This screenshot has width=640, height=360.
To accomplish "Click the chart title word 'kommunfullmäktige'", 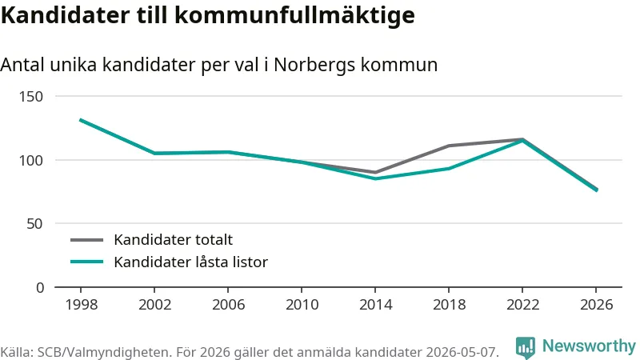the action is pos(294,15).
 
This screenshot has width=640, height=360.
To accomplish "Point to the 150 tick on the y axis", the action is pos(31,97).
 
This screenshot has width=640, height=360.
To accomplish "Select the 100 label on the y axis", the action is pos(31,161).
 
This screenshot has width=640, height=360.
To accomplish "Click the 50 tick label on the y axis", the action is pos(34,224).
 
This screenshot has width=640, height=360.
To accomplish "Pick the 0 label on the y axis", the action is pos(39,288).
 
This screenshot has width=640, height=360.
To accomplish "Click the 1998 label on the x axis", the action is pos(82,305).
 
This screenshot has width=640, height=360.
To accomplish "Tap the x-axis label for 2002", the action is pos(154,305).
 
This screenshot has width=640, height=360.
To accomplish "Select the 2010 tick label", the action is pos(302,305).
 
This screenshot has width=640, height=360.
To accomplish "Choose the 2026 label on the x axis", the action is pos(596,305).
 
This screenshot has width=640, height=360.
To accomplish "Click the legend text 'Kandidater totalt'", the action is pos(173,239).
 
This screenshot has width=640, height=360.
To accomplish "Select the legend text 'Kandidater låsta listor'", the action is pos(190,262).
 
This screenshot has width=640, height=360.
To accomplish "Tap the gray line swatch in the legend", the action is pos(87,240).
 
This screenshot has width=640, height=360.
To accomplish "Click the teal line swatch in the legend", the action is pos(87,262).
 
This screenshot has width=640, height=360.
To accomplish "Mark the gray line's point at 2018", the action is pos(449,146).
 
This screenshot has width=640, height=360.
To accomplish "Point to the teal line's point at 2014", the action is pos(375,178).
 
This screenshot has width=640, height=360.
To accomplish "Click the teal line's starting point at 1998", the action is pos(81,120).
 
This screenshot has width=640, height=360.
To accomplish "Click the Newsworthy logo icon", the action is pos(526,347).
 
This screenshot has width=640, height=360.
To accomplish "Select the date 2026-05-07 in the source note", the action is pos(462,352).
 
